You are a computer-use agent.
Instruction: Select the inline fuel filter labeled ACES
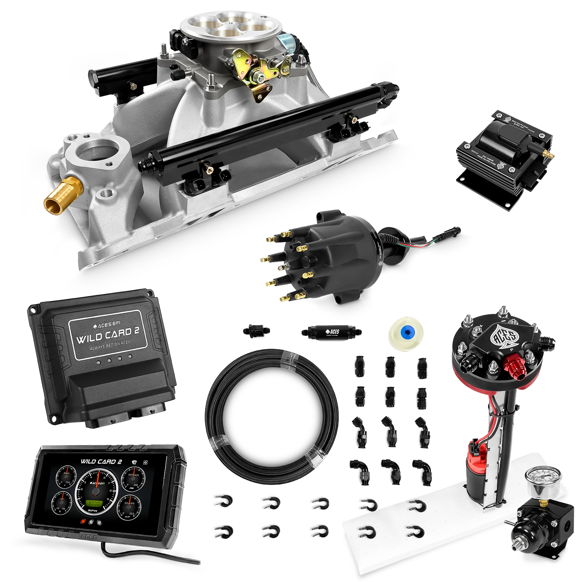pos(331,332)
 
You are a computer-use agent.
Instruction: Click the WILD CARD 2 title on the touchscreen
pos(101,462)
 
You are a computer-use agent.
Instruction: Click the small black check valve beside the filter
pos(257,331)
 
